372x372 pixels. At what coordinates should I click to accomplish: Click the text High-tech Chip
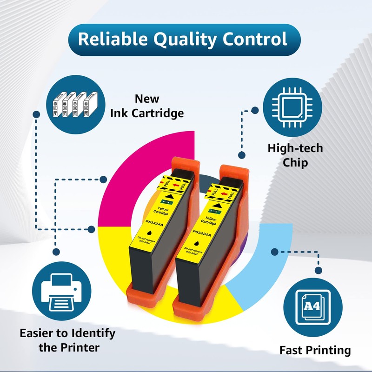tap(295, 156)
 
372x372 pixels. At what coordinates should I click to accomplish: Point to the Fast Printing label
tap(315, 350)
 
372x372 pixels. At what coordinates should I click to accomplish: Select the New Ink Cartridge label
tap(147, 106)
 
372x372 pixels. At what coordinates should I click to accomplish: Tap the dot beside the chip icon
tap(255, 111)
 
